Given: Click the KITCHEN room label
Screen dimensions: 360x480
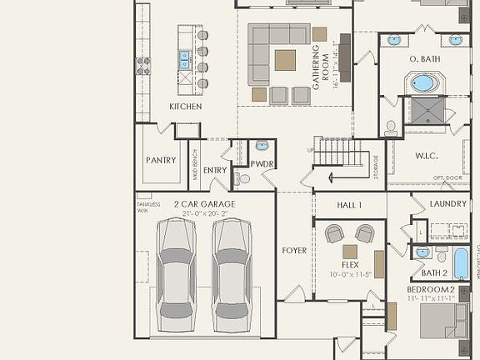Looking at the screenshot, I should pos(186,107).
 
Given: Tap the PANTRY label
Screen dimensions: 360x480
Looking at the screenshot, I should pos(161,160).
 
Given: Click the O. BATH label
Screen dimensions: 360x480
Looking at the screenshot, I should pos(424,59).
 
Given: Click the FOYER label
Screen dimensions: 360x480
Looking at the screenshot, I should pos(294,250).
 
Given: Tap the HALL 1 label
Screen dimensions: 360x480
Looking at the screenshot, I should pos(349,205).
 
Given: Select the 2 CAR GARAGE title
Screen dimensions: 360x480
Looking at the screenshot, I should pos(204,204).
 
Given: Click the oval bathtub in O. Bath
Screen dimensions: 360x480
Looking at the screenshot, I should pos(423,84).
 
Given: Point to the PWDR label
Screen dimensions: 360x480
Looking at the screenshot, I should pos(262,163).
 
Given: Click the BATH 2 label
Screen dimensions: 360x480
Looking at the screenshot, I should pos(434,272).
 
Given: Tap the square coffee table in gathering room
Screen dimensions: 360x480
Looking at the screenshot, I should pos(285,59).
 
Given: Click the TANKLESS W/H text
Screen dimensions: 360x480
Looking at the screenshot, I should pos(147,207).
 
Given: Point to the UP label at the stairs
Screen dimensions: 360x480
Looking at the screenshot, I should pos(312,150).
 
